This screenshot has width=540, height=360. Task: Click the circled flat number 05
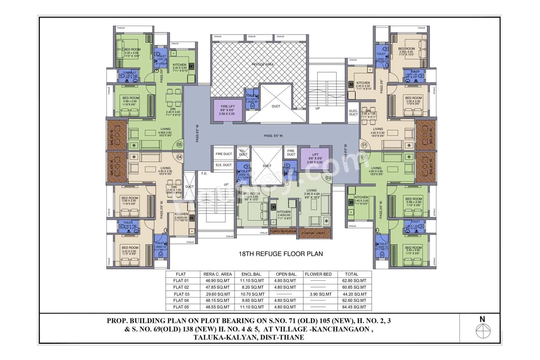(x=179, y=144)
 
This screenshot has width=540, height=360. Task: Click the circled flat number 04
(x=179, y=157)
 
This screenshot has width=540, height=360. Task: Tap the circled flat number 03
(x=329, y=178)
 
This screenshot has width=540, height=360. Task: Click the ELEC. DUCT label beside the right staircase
(x=353, y=113)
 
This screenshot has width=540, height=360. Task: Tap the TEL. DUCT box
(x=243, y=153)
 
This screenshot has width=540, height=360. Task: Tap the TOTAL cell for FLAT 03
(x=354, y=294)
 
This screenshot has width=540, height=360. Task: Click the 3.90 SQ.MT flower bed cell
(x=319, y=294)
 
